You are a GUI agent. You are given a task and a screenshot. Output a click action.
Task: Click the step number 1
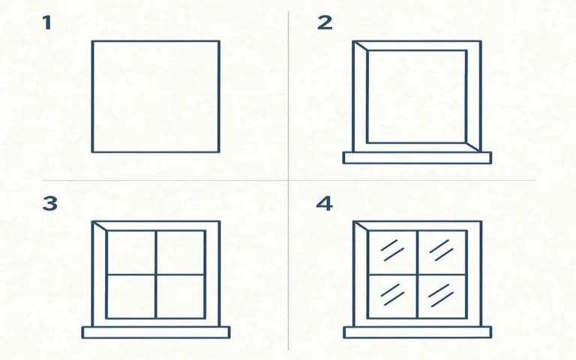point(47,23)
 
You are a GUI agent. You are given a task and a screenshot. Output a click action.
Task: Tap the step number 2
point(324,23)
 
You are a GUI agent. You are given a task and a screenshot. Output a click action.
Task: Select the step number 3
point(49,203)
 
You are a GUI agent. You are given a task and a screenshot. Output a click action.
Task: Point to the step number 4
point(324,203)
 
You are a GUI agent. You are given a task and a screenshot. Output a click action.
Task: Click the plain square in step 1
point(155,96)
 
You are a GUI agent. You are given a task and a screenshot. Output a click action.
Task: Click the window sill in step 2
point(417,157)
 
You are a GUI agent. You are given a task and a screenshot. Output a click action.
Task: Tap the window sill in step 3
point(156,332)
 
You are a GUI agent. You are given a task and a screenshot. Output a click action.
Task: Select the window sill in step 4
point(417,332)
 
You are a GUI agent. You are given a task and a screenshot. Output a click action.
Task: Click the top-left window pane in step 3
point(130,252)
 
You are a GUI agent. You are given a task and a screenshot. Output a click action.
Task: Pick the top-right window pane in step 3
point(181,252)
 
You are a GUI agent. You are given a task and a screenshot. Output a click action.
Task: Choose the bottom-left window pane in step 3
point(130,296)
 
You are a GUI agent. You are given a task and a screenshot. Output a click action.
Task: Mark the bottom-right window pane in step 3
point(181,296)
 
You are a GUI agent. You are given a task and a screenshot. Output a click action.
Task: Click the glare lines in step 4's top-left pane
point(392,250)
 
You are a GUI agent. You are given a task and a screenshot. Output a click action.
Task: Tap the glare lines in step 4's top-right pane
point(441,250)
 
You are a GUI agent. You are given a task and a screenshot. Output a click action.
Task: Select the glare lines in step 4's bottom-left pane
point(392,293)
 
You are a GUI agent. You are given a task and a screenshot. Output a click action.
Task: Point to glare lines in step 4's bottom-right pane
point(441,293)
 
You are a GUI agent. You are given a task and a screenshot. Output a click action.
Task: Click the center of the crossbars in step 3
point(156,274)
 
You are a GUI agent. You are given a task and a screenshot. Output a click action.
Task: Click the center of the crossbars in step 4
point(417,274)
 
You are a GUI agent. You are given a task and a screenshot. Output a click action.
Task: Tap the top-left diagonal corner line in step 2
point(360,46)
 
